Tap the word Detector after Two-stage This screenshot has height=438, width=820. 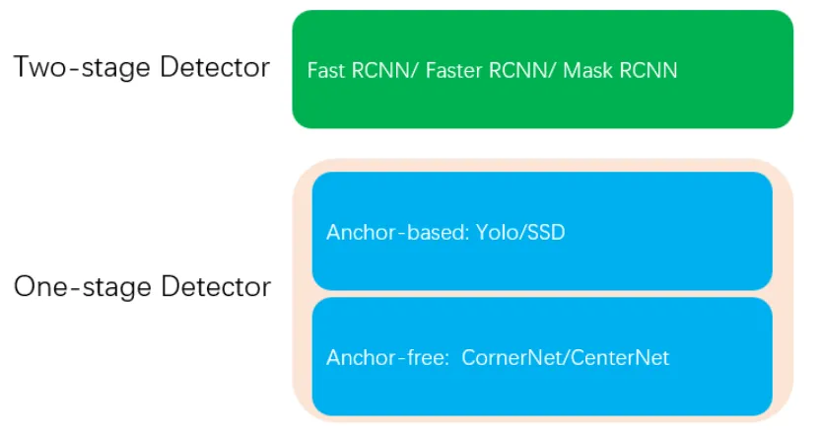(215, 66)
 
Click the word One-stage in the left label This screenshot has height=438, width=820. (84, 287)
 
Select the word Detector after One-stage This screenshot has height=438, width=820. (216, 286)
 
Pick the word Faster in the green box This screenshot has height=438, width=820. (453, 70)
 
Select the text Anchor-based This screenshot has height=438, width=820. (396, 232)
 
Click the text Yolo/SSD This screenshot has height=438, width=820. (520, 232)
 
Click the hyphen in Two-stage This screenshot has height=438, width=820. (75, 69)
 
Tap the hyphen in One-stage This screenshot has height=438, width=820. (75, 289)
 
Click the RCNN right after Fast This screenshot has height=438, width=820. (384, 70)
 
